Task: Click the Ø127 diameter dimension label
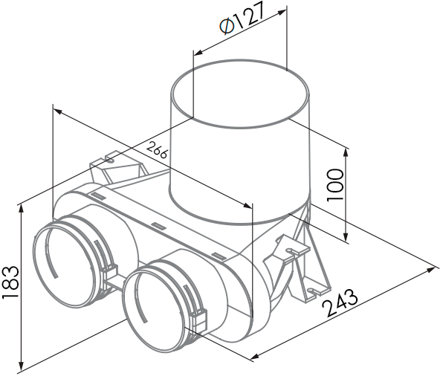(242, 19)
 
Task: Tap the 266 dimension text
(157, 150)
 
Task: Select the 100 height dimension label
(335, 185)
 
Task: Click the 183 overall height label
(10, 282)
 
